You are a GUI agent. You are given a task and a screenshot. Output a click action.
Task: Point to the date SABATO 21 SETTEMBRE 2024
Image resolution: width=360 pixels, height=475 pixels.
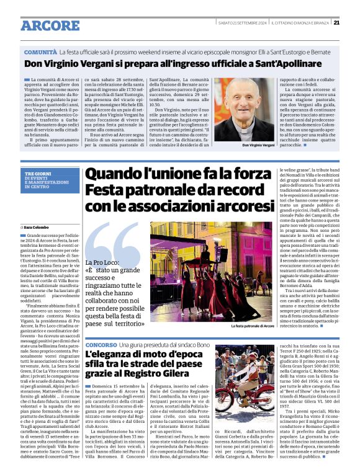pyautogui.click(x=242, y=23)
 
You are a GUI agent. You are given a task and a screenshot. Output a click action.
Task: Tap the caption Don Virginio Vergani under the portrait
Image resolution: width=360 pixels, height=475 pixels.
pyautogui.click(x=241, y=144)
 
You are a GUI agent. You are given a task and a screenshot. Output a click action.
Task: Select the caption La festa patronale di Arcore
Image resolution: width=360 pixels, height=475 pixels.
pyautogui.click(x=252, y=326)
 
